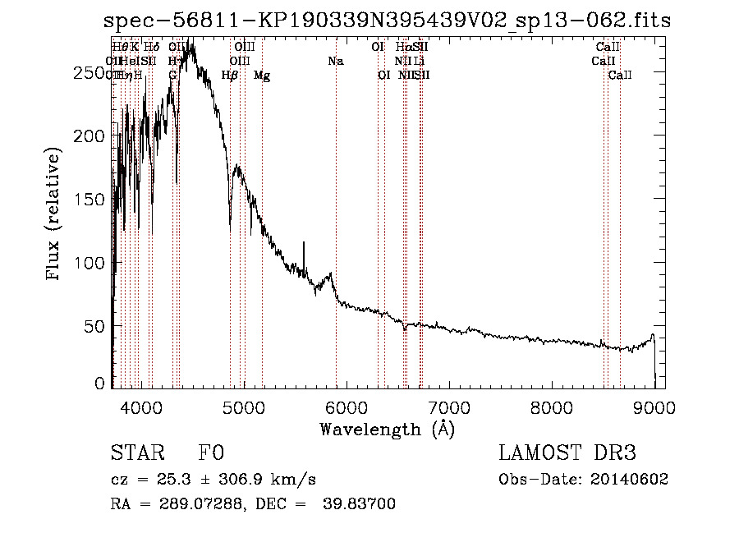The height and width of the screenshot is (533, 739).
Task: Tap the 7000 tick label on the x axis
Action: point(448,405)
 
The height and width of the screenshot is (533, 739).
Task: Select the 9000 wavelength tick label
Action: point(654,405)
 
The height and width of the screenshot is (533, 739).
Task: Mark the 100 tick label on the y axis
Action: point(93,263)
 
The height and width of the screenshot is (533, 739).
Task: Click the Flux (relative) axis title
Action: point(55,214)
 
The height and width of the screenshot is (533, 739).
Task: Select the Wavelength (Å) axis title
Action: point(387,429)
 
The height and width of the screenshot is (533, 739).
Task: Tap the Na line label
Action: point(335,61)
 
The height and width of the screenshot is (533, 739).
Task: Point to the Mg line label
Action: point(262,76)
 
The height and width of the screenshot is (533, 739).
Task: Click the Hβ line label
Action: point(230,76)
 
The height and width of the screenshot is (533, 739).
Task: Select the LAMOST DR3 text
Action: point(567,453)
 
